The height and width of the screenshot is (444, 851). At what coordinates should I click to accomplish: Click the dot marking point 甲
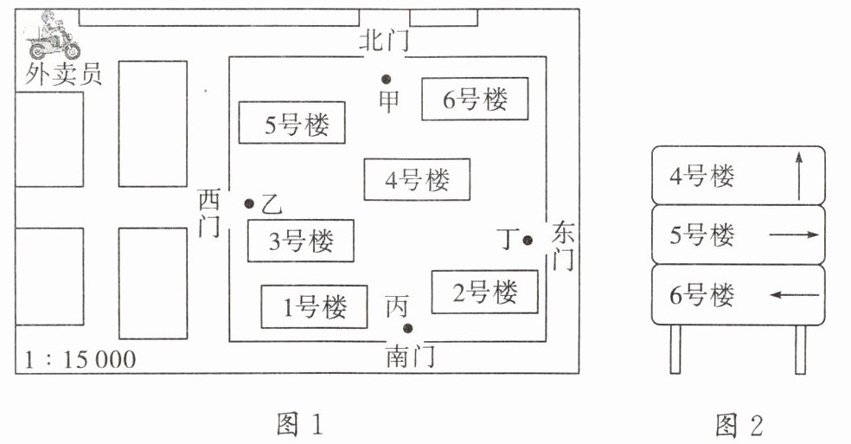386,80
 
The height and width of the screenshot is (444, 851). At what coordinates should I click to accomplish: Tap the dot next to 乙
249,203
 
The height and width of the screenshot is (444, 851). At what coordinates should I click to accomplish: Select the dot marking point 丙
408,328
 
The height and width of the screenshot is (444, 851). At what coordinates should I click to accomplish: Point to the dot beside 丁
528,241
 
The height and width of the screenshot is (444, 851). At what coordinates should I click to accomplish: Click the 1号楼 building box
314,307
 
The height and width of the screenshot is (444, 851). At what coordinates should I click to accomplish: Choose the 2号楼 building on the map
484,292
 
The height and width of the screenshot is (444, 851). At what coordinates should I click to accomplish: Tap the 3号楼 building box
301,241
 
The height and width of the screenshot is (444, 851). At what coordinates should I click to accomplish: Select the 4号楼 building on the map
417,179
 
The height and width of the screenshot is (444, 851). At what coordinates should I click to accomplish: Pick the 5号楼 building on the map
292,123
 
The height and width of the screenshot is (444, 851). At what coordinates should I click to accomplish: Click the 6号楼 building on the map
476,99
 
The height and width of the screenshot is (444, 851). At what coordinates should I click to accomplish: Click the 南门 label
411,356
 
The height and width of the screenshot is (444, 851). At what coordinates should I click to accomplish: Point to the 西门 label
209,213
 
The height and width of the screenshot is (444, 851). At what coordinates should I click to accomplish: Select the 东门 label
563,246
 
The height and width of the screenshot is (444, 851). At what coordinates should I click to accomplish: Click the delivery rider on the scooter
53,35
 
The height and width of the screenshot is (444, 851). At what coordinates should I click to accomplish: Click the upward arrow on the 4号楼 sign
799,176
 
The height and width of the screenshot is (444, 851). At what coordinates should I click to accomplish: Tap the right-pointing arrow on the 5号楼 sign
794,235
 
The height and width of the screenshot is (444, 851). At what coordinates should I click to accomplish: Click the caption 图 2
739,425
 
